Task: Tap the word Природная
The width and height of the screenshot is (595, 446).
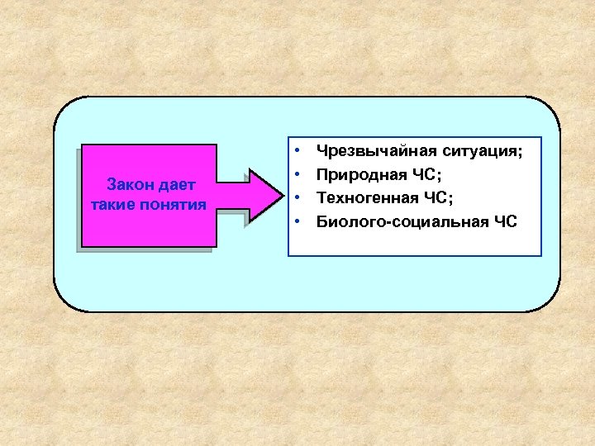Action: point(355,175)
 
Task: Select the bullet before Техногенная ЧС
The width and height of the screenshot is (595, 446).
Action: point(295,198)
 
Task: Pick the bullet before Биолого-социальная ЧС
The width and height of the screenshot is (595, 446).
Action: point(295,221)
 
